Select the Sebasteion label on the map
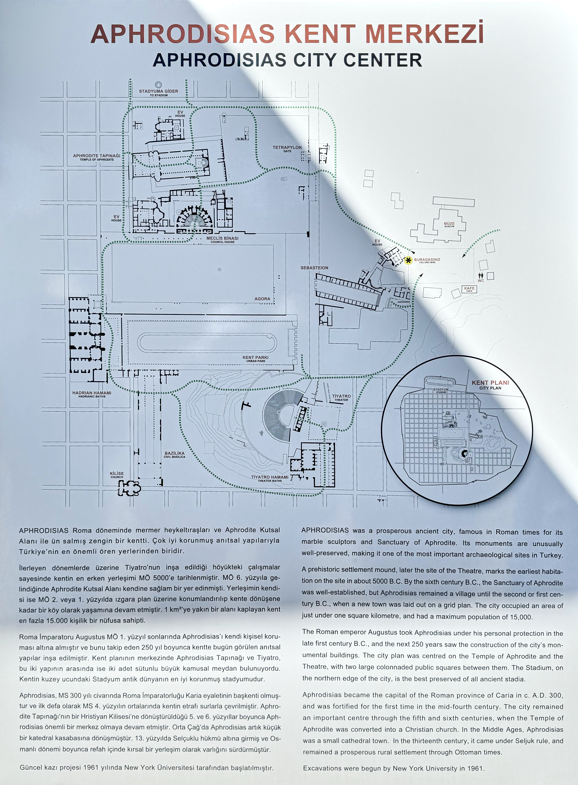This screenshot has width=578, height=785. tap(315, 268)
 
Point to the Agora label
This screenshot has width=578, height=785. tap(262, 299)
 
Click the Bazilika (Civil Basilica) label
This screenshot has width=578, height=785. tap(175, 455)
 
